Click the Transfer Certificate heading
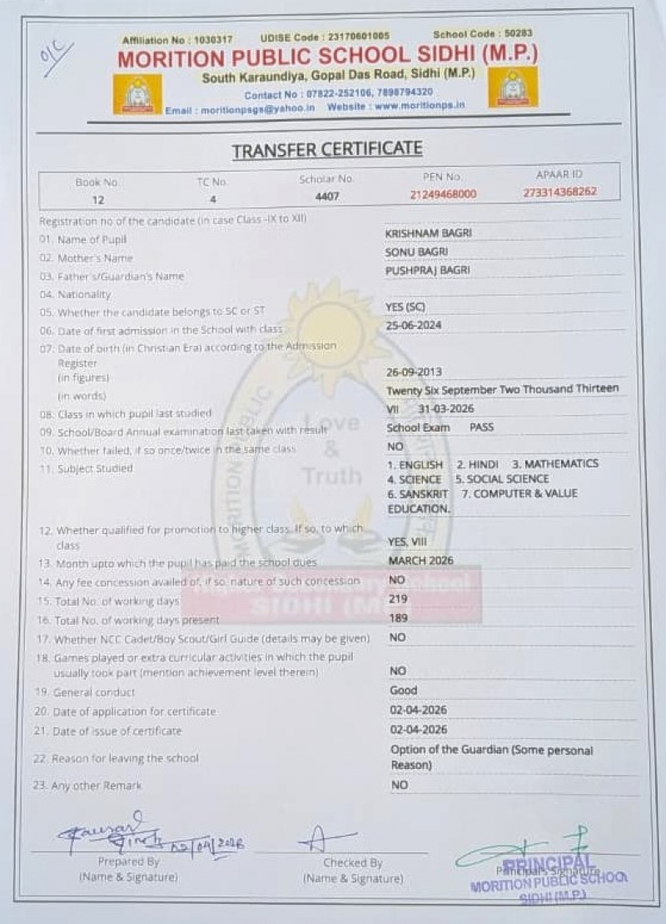click(326, 150)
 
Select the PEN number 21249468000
click(443, 193)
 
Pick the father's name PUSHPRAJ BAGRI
click(427, 270)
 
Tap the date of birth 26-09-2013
click(415, 372)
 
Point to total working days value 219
click(398, 598)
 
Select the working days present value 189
click(398, 617)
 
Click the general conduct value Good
click(403, 691)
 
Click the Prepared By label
click(128, 862)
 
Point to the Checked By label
click(352, 863)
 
